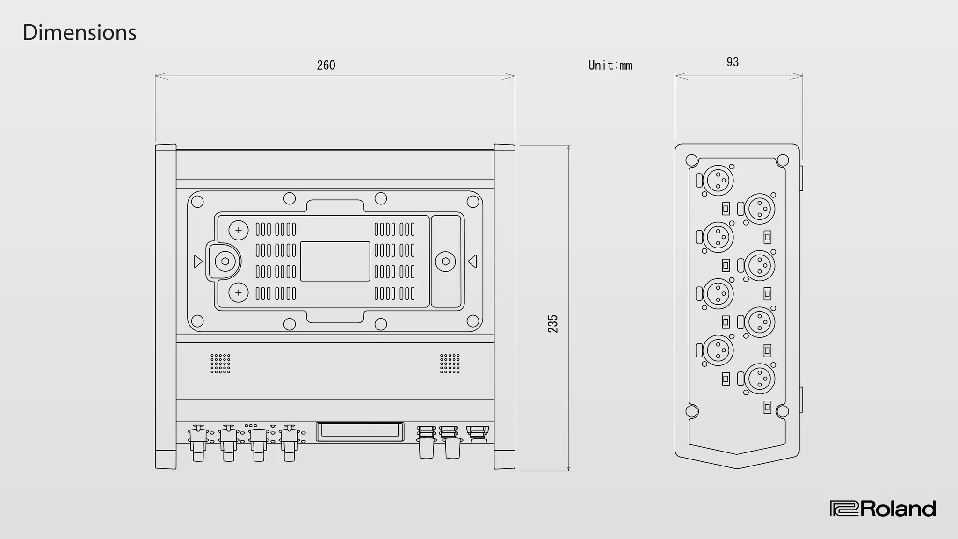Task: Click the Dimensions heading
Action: pos(80,33)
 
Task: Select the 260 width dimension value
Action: pos(326,65)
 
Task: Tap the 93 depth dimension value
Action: pos(733,62)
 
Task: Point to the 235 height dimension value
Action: pos(553,324)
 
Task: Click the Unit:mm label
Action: pos(610,66)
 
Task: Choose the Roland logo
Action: pos(883,509)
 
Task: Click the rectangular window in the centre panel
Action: pos(335,262)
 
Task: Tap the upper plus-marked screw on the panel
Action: pos(239,230)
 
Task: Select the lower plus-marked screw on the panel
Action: pos(239,293)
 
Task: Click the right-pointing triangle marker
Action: pos(198,261)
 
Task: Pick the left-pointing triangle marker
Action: pos(472,261)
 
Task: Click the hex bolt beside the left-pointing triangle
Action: pos(445,261)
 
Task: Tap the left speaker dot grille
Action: pos(220,364)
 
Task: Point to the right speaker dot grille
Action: pos(450,364)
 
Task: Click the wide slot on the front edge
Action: pos(360,431)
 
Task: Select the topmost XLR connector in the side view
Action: pos(718,180)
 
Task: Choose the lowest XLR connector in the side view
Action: pos(759,379)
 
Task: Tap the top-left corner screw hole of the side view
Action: pos(691,160)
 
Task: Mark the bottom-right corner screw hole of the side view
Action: pos(782,411)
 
